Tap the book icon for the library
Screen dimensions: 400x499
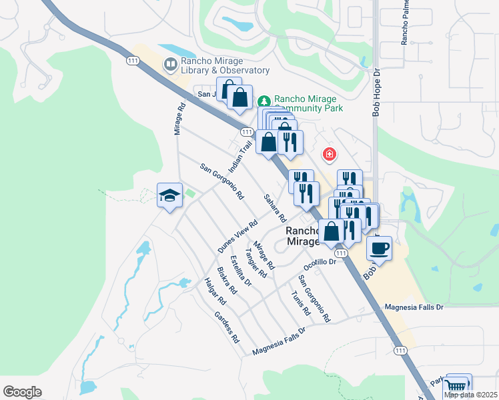(x=171, y=65)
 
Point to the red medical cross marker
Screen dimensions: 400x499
(x=329, y=155)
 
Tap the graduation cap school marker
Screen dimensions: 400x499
(x=169, y=195)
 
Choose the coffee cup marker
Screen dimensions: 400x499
(x=379, y=248)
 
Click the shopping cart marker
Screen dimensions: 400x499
(x=458, y=385)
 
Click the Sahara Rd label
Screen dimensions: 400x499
(x=274, y=208)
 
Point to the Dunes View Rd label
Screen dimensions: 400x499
(x=237, y=237)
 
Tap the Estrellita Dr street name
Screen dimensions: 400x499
(x=239, y=271)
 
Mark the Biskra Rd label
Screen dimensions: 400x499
(x=227, y=281)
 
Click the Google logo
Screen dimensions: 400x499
(x=22, y=392)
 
